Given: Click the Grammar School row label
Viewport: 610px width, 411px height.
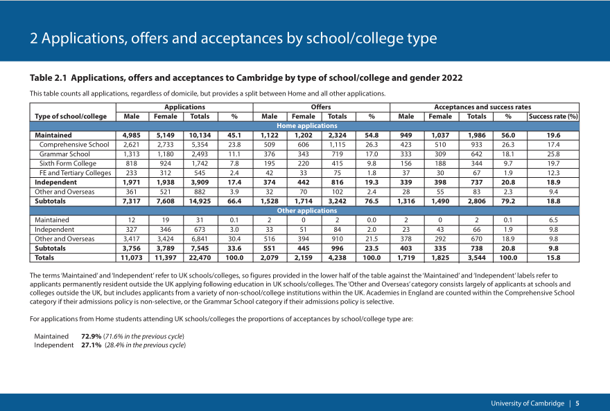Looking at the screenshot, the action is click(64, 154).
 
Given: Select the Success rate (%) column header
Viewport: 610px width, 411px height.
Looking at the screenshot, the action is click(553, 116).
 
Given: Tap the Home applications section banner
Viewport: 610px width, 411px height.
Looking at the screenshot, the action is click(307, 126).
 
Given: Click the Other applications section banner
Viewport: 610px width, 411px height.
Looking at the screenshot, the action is click(307, 210).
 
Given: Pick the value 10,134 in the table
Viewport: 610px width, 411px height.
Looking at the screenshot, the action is click(200, 135).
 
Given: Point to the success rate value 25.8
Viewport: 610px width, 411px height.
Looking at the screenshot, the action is click(553, 154).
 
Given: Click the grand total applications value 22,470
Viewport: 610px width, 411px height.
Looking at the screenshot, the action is click(200, 257).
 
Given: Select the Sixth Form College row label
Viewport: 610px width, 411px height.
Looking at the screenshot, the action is click(68, 163).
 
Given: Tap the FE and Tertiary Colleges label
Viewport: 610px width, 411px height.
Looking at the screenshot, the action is click(75, 173).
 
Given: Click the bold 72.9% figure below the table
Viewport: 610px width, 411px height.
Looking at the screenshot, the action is click(91, 336).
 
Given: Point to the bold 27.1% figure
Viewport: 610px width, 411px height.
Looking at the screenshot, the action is click(91, 345).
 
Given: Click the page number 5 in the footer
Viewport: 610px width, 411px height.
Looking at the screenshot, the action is click(577, 403).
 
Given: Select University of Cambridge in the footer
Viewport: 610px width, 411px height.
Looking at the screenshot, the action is click(527, 403).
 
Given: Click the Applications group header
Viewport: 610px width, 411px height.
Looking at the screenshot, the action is click(184, 107).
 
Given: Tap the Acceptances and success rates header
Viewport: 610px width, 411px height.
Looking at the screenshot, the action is click(482, 107).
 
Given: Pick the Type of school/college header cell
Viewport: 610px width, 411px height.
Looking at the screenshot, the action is click(71, 116).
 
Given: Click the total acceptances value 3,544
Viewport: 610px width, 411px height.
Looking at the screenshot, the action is click(477, 257).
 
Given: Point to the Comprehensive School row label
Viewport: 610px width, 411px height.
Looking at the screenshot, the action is click(74, 145).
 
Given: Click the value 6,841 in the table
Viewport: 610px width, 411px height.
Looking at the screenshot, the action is click(200, 239).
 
